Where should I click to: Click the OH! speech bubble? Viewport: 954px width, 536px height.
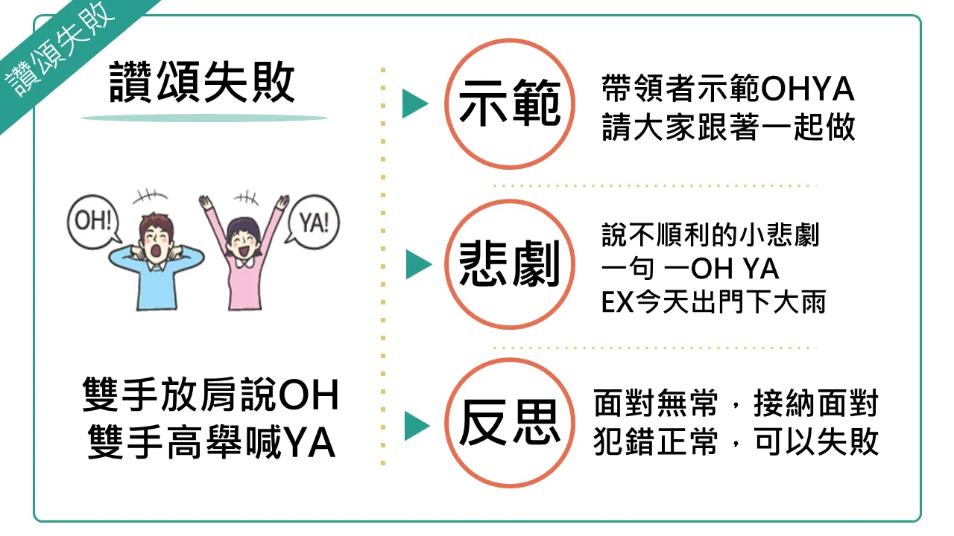pyautogui.click(x=93, y=222)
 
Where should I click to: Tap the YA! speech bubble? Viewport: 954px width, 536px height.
pyautogui.click(x=314, y=222)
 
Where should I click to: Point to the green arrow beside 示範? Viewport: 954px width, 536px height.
pyautogui.click(x=415, y=103)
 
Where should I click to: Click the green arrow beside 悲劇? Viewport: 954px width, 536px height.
pyautogui.click(x=419, y=264)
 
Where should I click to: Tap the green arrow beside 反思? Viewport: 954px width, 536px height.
pyautogui.click(x=417, y=425)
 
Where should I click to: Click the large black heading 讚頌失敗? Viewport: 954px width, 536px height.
pyautogui.click(x=202, y=82)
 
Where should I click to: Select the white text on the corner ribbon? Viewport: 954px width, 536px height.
pyautogui.click(x=60, y=49)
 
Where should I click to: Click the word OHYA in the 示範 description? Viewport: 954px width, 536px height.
pyautogui.click(x=807, y=89)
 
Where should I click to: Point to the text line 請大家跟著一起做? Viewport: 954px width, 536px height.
pyautogui.click(x=728, y=127)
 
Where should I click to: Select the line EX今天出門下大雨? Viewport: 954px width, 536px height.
pyautogui.click(x=713, y=301)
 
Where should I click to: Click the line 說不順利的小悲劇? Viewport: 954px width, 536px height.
pyautogui.click(x=710, y=234)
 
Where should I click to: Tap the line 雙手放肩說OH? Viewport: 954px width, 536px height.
pyautogui.click(x=211, y=395)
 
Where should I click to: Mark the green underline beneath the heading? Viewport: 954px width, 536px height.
pyautogui.click(x=204, y=118)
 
